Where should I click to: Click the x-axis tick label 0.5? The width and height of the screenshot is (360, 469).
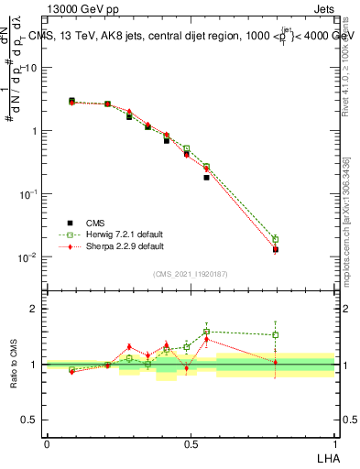(190, 442)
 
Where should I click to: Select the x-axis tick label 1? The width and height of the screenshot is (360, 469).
(334, 442)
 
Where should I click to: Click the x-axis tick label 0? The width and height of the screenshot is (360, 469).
(46, 442)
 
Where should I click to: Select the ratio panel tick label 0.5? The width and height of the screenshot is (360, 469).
(32, 420)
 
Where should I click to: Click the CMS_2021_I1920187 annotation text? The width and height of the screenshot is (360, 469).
(191, 272)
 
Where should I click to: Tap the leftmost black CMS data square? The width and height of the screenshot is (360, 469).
(71, 101)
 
